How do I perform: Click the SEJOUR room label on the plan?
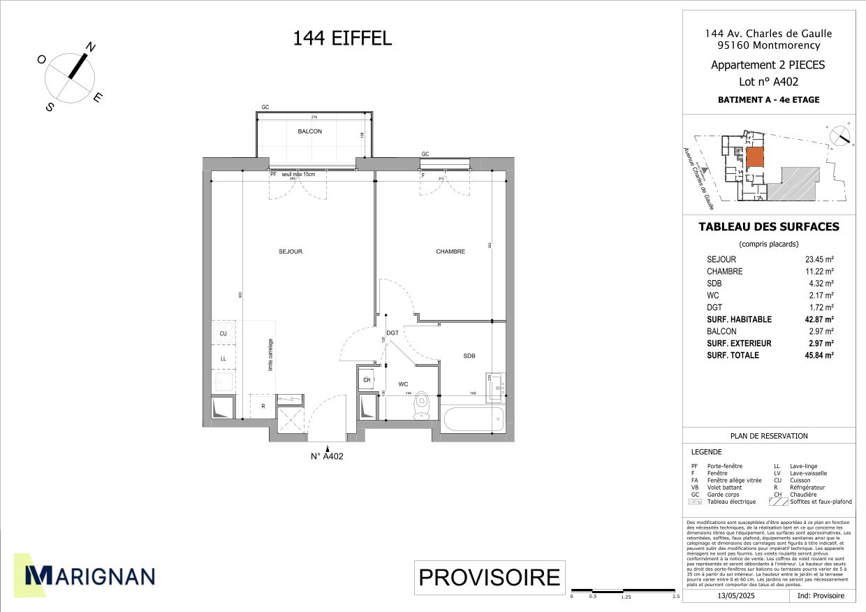click(x=291, y=252)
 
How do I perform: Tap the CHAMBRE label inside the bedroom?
click(x=450, y=252)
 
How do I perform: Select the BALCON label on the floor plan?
click(x=309, y=131)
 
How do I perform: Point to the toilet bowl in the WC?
click(x=421, y=406)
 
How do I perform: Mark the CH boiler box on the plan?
click(x=367, y=380)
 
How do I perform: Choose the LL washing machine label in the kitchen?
click(x=223, y=358)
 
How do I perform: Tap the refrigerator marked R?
click(x=263, y=406)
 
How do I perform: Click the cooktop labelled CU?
click(x=223, y=333)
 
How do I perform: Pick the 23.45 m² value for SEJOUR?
click(x=819, y=260)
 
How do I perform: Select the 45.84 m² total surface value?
click(x=819, y=356)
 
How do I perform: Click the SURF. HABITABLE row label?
click(x=739, y=319)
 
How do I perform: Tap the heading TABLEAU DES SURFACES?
click(x=769, y=227)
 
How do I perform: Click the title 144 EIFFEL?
click(x=342, y=38)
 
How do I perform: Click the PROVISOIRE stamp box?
click(x=489, y=578)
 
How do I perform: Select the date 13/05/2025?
click(x=732, y=596)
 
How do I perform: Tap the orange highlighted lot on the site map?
click(x=755, y=158)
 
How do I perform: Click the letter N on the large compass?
click(x=91, y=47)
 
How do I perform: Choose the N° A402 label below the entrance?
click(x=327, y=457)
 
